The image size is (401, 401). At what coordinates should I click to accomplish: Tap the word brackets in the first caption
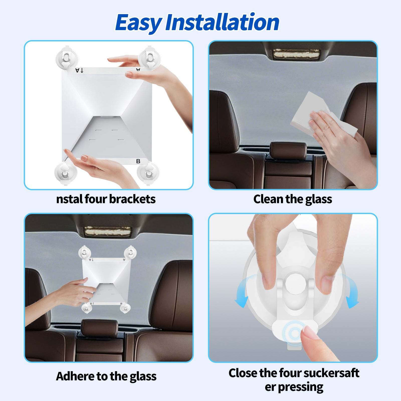click(132, 199)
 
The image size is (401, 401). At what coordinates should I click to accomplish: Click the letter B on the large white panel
click(138, 161)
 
